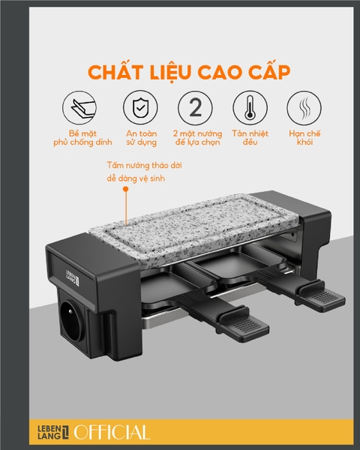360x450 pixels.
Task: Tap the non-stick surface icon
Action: pyautogui.click(x=79, y=109)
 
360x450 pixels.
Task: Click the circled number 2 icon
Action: pyautogui.click(x=194, y=109)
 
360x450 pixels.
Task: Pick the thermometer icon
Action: pyautogui.click(x=249, y=109)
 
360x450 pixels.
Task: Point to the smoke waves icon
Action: pyautogui.click(x=303, y=109)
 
